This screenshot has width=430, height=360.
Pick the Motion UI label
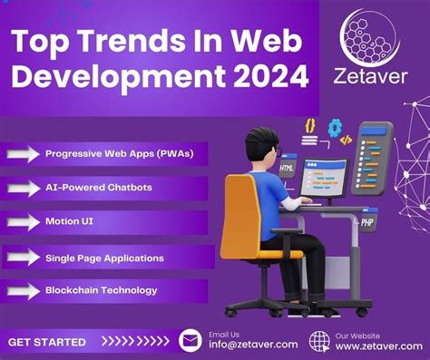point(70,220)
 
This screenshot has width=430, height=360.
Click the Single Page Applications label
point(104,258)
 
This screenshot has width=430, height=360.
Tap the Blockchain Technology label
point(101,290)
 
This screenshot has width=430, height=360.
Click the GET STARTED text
point(47,342)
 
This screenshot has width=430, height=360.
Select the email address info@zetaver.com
point(252,345)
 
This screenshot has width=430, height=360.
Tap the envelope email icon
point(191,340)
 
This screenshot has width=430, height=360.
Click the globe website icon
point(318,340)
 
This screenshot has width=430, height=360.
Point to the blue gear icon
point(336,127)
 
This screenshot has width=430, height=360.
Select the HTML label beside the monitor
point(287,169)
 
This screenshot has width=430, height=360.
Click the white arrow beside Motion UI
point(23,221)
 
